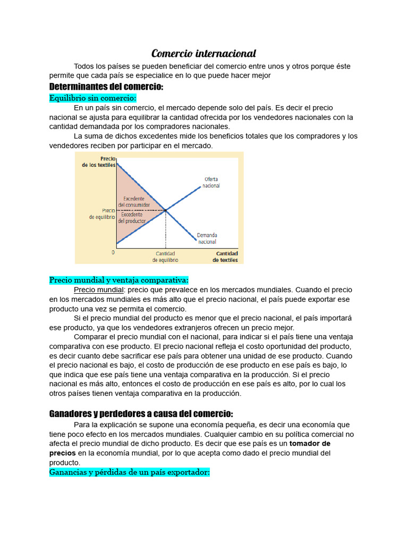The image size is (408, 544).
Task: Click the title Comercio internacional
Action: (203, 54)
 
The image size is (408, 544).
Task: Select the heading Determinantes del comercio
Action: (106, 87)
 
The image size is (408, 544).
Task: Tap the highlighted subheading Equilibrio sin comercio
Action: (93, 98)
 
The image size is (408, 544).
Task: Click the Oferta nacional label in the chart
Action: (211, 182)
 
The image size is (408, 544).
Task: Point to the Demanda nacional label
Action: (207, 238)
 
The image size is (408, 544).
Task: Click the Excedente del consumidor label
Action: (134, 201)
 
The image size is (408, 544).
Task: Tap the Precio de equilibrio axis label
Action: (101, 214)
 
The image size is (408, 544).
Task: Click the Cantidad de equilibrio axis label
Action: (165, 257)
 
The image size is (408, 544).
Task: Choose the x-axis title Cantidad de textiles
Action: (225, 257)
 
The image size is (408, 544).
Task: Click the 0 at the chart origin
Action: (113, 252)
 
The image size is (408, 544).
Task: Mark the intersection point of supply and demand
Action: (166, 210)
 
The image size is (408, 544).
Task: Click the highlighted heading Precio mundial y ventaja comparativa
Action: (119, 280)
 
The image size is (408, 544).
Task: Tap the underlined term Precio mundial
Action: (98, 290)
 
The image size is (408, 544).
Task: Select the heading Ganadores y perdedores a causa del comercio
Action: (141, 413)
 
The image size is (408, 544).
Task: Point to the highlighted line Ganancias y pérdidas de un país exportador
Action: (130, 472)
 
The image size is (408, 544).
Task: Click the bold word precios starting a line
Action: (63, 453)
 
